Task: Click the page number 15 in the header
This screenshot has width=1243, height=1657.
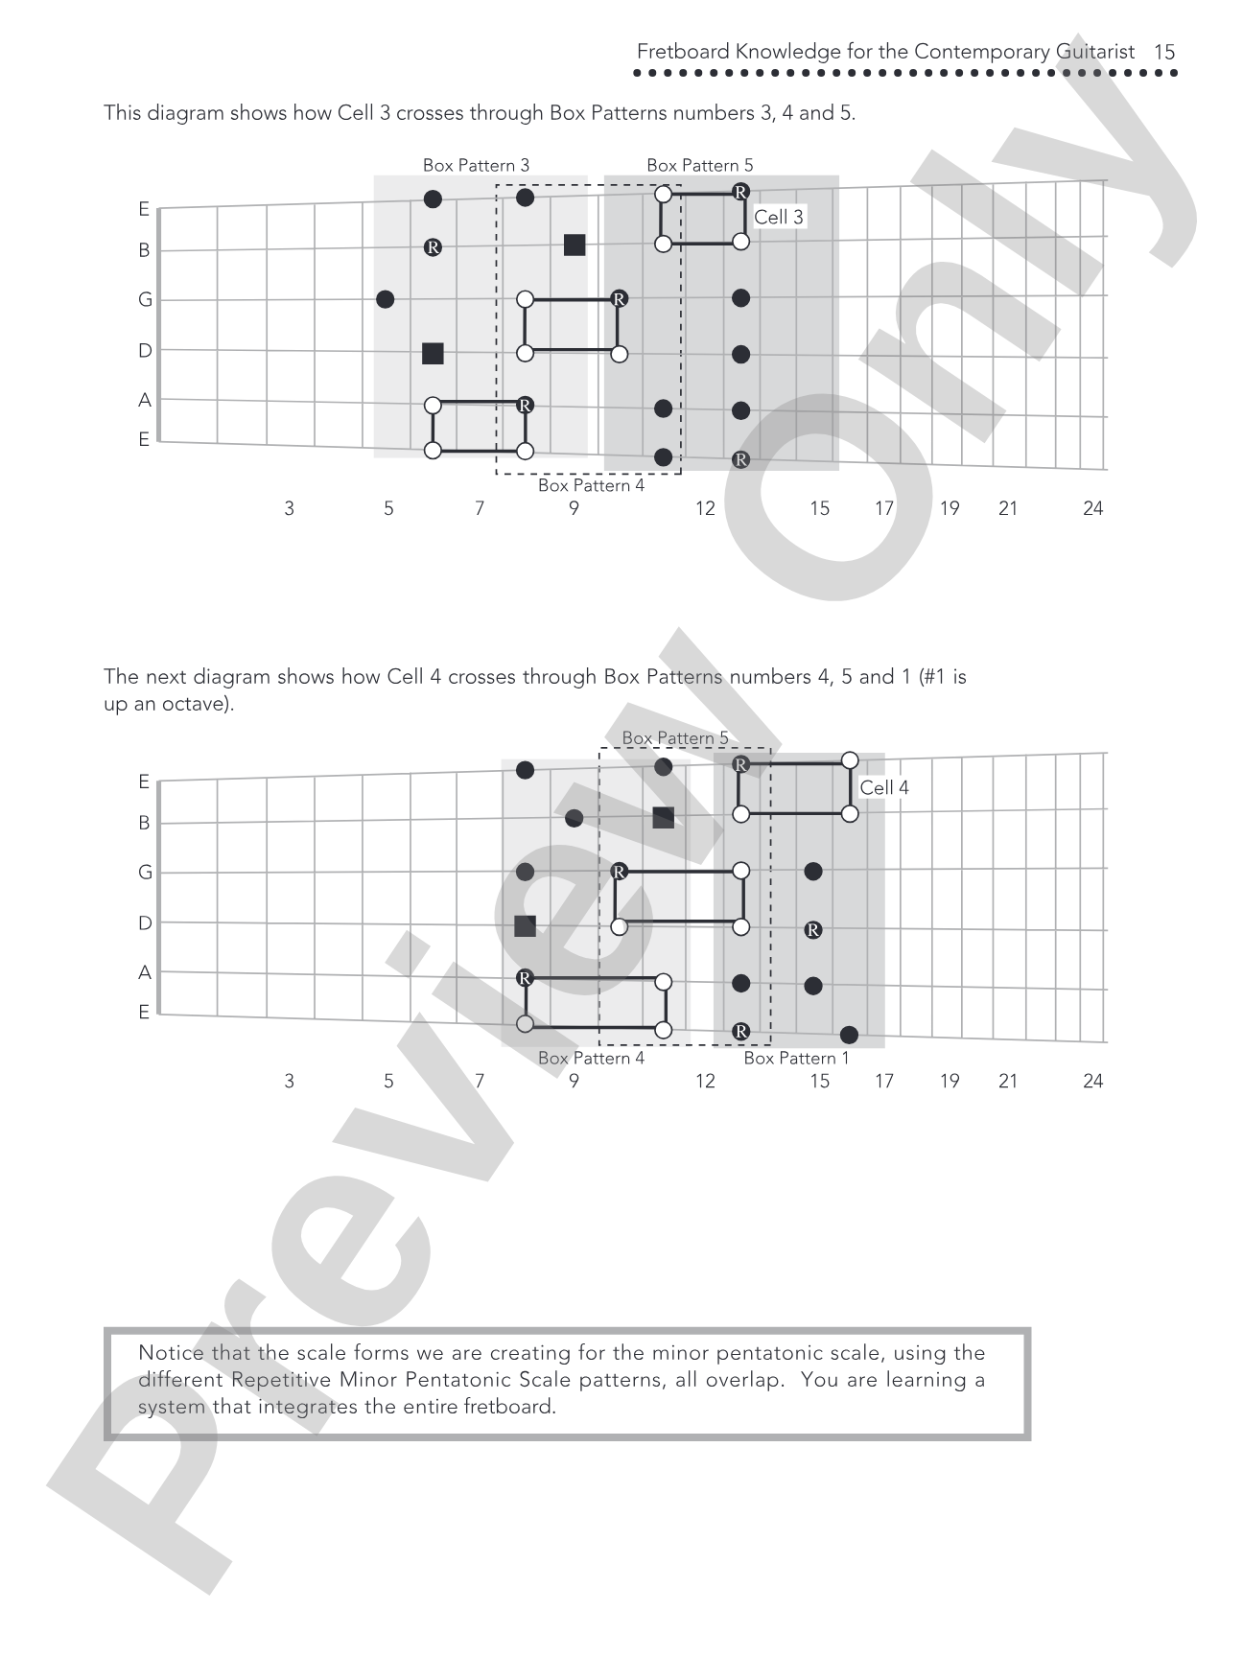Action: (1164, 52)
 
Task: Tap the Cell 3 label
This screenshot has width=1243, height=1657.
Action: (779, 217)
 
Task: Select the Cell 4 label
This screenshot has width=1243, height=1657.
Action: (884, 787)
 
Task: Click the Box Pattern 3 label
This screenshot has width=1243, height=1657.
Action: (476, 165)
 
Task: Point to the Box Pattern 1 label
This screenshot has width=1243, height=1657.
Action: (797, 1058)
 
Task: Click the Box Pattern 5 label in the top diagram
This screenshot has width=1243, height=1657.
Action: (700, 165)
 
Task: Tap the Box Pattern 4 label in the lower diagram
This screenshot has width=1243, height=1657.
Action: (591, 1058)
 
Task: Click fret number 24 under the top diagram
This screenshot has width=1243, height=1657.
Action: (1093, 508)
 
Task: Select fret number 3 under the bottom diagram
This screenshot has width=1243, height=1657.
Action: (289, 1081)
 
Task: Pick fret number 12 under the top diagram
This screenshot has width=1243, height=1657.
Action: (705, 508)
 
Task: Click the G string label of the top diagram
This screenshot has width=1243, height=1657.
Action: (145, 300)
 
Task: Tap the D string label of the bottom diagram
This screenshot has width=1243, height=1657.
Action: (145, 923)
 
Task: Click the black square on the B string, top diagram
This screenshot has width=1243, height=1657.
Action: (575, 245)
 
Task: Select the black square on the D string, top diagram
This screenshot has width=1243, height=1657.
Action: (433, 354)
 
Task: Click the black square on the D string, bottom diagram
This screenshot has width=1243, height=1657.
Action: (525, 926)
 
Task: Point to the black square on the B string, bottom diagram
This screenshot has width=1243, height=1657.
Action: (663, 818)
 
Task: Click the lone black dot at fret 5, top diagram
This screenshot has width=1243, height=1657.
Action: (386, 299)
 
